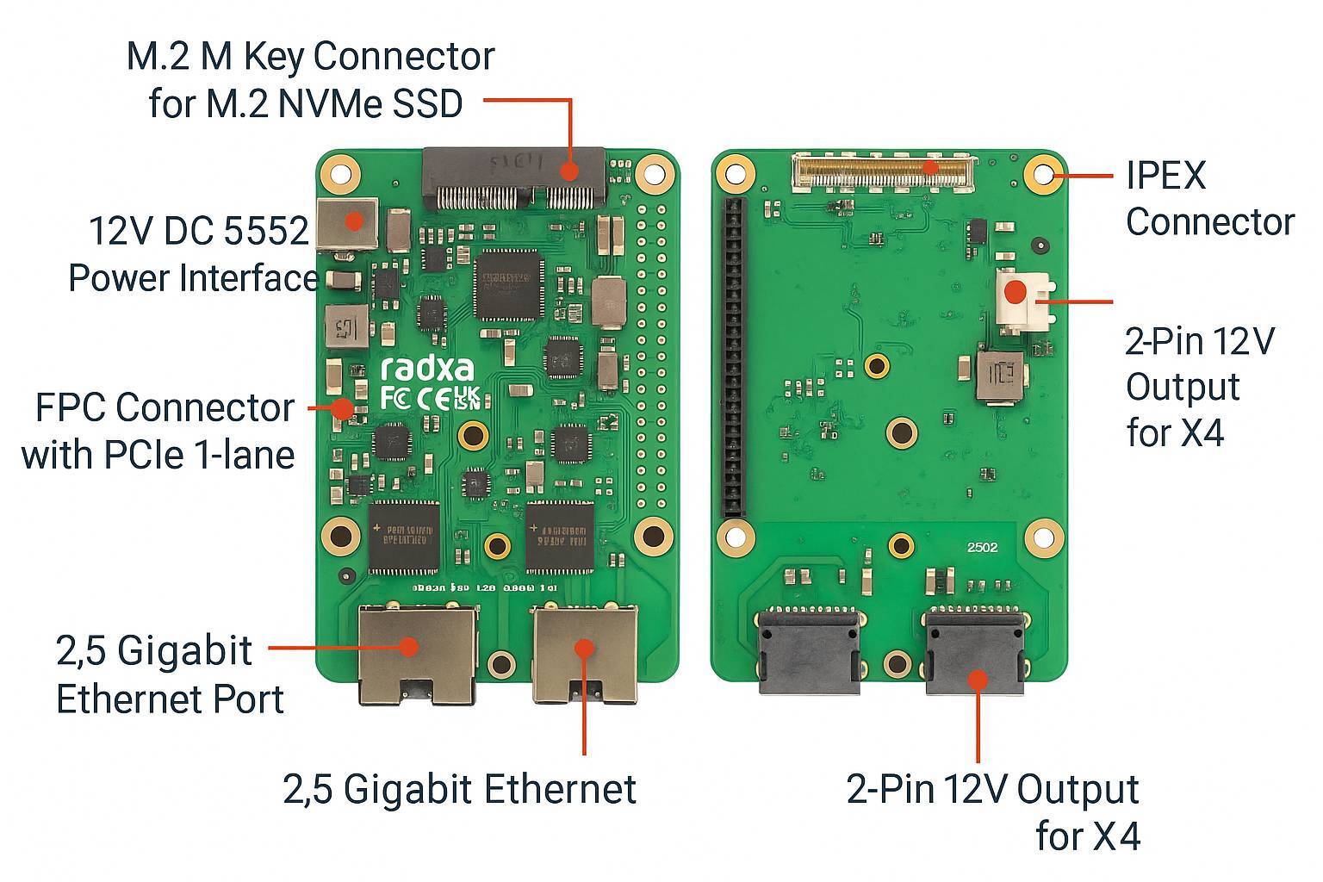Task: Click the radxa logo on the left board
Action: (427, 369)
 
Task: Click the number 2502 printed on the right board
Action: (982, 548)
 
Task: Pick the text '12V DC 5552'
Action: (199, 232)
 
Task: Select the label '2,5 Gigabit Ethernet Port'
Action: (168, 674)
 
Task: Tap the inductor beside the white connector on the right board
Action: (1000, 376)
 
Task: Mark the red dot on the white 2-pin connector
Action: (1016, 291)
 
